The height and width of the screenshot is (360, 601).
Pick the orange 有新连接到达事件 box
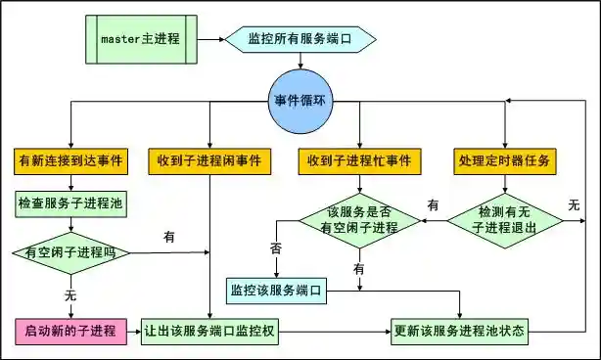[x=70, y=159]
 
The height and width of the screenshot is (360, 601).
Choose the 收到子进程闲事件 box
[x=210, y=159]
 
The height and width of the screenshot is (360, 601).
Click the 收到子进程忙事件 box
[x=359, y=159]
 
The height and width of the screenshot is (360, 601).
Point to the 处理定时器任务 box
[x=505, y=159]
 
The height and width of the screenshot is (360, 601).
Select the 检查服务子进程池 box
[x=70, y=204]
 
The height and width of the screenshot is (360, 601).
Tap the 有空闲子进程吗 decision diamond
[x=70, y=252]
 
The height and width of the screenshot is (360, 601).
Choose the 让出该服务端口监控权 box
[x=211, y=330]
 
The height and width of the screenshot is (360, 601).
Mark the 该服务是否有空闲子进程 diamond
[x=361, y=221]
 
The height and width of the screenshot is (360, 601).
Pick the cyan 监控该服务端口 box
[x=277, y=290]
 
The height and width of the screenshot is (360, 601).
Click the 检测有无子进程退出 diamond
[x=506, y=220]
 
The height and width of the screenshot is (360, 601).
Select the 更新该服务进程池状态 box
[x=459, y=330]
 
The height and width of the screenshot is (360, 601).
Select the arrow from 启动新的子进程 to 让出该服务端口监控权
[x=134, y=330]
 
